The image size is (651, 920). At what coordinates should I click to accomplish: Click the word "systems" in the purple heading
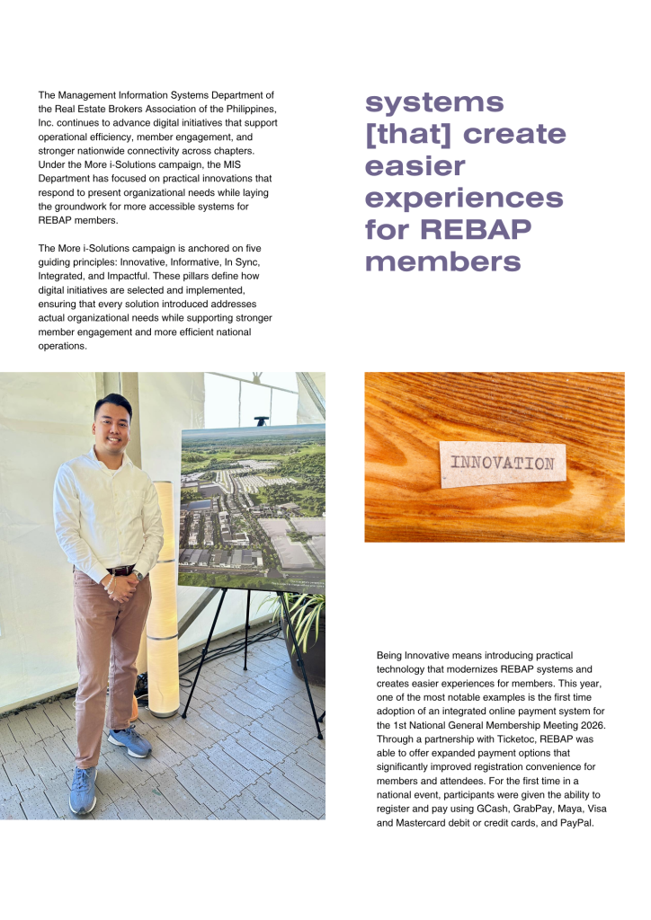(434, 102)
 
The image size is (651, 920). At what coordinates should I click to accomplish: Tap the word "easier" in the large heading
(415, 166)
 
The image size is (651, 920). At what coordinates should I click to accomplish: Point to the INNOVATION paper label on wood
(502, 464)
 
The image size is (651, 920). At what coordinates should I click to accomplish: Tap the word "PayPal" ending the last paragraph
(575, 823)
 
